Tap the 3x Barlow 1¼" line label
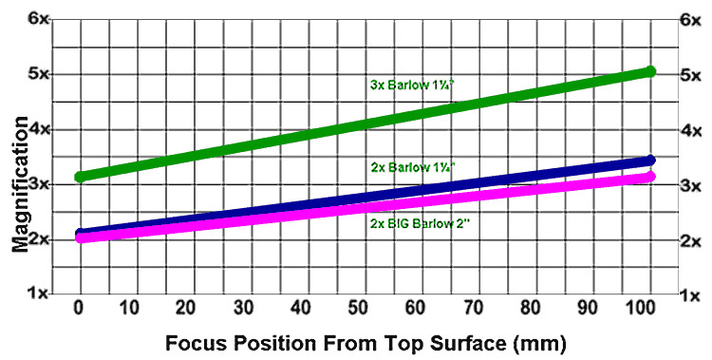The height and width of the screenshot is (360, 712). point(413,84)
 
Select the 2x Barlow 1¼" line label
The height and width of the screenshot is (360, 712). point(414,167)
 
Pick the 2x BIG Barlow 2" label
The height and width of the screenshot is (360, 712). point(415,225)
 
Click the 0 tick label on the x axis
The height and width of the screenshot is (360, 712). point(80,308)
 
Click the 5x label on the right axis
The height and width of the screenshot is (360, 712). point(690,74)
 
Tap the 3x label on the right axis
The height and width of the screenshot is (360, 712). point(690,185)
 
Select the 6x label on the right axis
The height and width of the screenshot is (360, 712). point(690,19)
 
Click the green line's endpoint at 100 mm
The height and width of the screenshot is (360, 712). point(650,71)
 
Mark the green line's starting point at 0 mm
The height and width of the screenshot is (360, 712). point(81,177)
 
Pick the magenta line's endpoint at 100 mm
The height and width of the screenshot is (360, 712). point(650,177)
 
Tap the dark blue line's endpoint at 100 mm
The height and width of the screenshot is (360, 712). point(650,161)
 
